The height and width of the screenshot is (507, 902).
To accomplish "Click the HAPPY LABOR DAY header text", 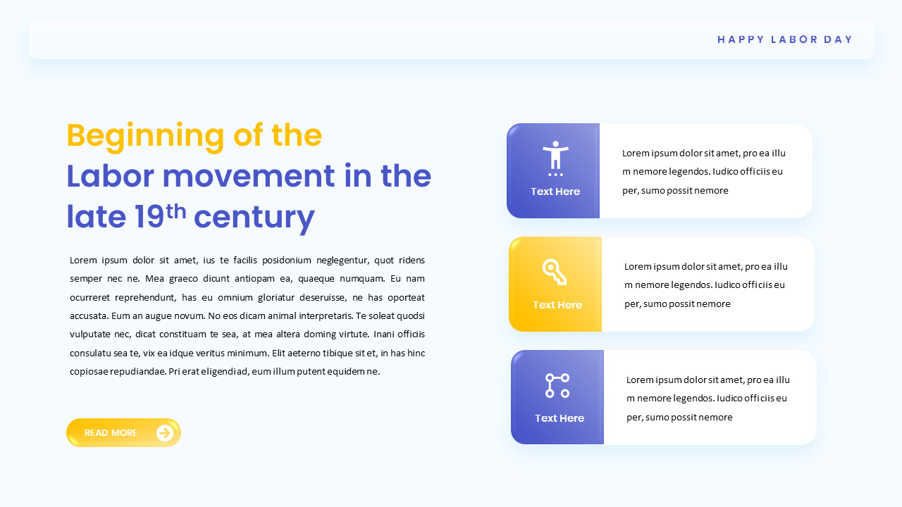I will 785,39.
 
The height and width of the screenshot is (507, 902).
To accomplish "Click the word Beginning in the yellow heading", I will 145,135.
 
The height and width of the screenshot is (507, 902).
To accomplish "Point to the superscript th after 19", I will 176,211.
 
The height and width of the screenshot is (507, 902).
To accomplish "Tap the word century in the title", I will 254,218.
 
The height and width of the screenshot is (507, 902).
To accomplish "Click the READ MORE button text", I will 111,433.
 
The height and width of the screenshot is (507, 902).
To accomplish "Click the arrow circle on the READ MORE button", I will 165,433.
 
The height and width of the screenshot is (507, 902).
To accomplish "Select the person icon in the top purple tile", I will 555,155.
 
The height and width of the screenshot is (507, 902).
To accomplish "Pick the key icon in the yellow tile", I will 555,272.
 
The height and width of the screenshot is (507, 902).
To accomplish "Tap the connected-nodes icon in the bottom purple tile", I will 557,385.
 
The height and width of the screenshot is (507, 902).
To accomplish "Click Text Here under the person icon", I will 555,192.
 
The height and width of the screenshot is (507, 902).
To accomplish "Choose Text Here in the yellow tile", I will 557,305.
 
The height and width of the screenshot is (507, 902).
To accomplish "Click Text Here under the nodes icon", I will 560,418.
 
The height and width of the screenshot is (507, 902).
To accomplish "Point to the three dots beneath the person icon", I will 555,174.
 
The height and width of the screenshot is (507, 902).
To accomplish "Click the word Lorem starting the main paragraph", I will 82,261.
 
